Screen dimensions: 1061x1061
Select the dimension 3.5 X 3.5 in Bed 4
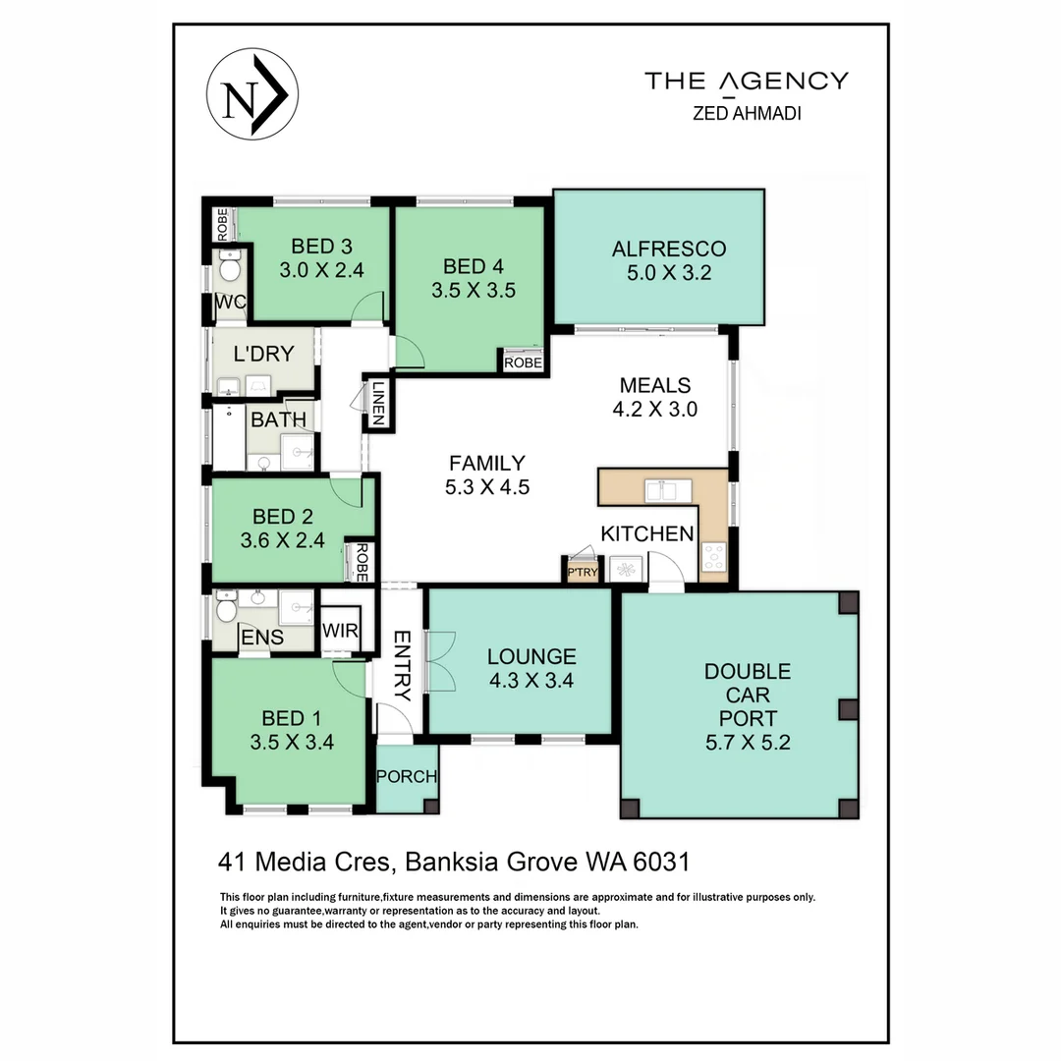(x=474, y=290)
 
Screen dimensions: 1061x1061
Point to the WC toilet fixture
(x=229, y=266)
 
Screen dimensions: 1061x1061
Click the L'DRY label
(x=263, y=354)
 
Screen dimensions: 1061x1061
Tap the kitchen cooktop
(x=713, y=557)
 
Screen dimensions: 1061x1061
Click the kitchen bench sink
(x=668, y=489)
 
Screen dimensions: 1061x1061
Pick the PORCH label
(x=407, y=777)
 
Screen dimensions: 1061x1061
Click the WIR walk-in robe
(x=339, y=629)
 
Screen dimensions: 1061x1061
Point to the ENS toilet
(x=226, y=608)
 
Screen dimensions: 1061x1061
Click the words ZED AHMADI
(x=747, y=113)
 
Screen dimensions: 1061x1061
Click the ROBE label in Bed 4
(x=523, y=363)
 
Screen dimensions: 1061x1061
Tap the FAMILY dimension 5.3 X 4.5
(x=488, y=486)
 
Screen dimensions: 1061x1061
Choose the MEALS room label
(x=655, y=385)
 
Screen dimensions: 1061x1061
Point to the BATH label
(x=278, y=420)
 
